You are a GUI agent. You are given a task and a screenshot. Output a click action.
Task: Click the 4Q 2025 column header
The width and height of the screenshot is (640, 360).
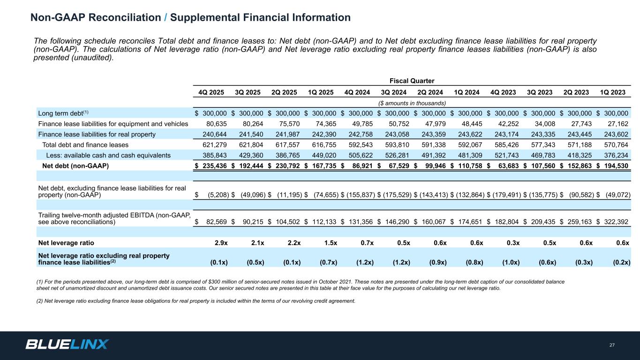pyautogui.click(x=211, y=92)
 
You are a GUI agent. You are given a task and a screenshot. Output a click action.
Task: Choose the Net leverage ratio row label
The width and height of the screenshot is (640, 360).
pyautogui.click(x=66, y=243)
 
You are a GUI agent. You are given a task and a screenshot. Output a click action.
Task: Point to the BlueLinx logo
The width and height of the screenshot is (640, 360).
pyautogui.click(x=67, y=345)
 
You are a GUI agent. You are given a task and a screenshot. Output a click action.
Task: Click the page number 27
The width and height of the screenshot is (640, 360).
pyautogui.click(x=612, y=345)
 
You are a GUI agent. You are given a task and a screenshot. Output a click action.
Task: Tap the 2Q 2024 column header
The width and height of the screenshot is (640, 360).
pyautogui.click(x=430, y=92)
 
